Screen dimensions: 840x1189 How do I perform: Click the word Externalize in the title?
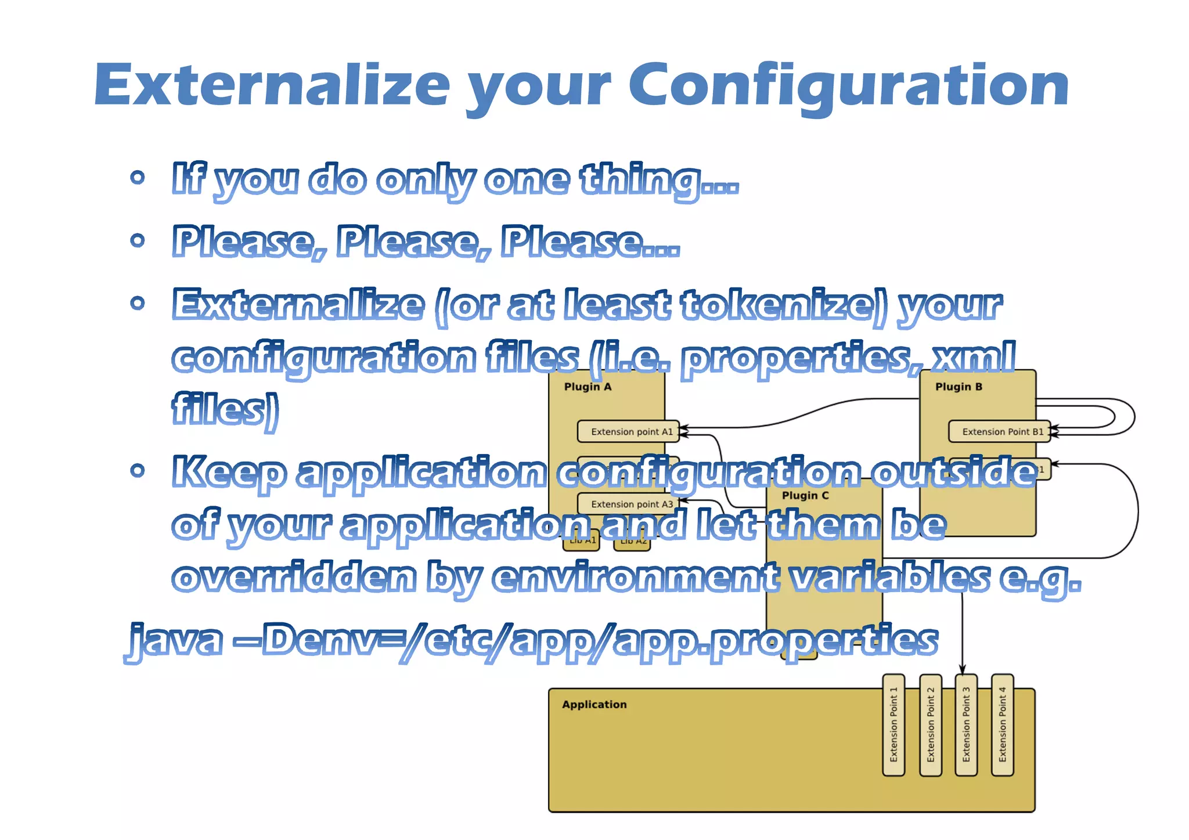(x=272, y=86)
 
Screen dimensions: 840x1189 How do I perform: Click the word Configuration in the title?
(x=849, y=86)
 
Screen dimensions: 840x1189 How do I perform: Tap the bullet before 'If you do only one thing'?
(x=138, y=177)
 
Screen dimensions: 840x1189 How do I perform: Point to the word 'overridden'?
(x=294, y=577)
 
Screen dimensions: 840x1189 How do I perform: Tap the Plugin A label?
(x=588, y=387)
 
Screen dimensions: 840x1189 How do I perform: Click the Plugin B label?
(x=959, y=387)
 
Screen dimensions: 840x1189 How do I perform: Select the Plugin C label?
(x=805, y=496)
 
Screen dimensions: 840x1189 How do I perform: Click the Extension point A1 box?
(x=628, y=431)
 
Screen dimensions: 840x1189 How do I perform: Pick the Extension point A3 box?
(x=628, y=504)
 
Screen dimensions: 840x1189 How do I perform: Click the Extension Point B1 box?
(x=999, y=431)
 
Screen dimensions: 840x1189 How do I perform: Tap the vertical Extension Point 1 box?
(x=893, y=724)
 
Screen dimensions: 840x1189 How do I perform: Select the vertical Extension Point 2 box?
(x=931, y=724)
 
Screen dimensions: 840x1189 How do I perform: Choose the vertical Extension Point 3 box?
(x=966, y=724)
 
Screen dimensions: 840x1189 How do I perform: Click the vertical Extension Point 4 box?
(x=1003, y=724)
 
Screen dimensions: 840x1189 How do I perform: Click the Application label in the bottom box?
(x=594, y=705)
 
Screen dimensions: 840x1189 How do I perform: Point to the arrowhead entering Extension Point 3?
(x=962, y=670)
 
